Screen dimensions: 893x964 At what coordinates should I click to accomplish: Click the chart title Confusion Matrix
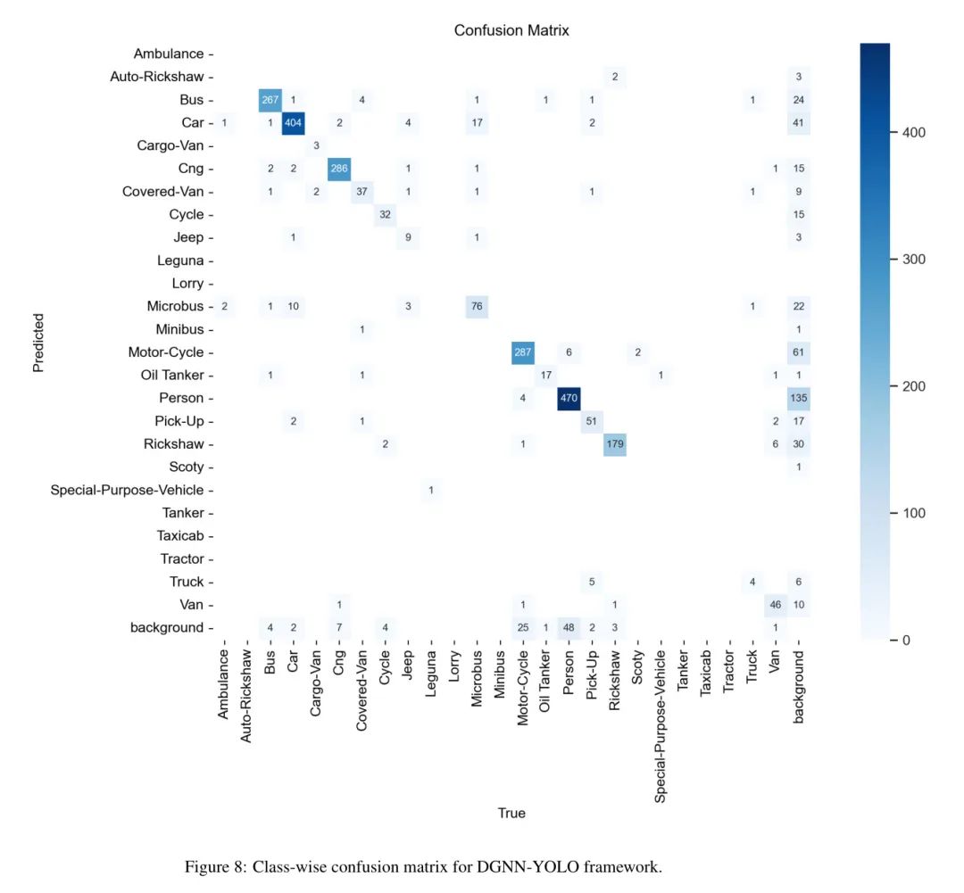511,30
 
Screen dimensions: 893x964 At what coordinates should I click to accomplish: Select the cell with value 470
568,398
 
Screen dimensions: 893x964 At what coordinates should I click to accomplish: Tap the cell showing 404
293,122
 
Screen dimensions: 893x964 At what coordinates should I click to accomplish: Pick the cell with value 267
270,99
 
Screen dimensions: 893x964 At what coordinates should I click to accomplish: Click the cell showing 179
614,443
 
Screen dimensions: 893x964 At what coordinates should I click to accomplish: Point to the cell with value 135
798,398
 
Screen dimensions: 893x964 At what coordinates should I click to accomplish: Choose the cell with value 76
476,306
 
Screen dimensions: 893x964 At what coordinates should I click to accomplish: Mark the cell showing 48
568,627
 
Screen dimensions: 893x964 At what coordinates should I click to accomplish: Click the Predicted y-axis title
38,342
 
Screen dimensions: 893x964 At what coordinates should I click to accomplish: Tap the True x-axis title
511,813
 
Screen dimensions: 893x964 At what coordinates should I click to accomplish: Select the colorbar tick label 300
910,260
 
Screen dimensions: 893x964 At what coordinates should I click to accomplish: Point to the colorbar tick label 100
910,513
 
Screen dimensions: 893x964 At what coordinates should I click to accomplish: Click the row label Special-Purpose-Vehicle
127,490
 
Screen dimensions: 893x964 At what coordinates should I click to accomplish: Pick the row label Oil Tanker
172,375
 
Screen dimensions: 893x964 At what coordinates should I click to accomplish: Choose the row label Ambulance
169,54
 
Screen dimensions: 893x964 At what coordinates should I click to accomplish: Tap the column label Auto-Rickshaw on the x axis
246,697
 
